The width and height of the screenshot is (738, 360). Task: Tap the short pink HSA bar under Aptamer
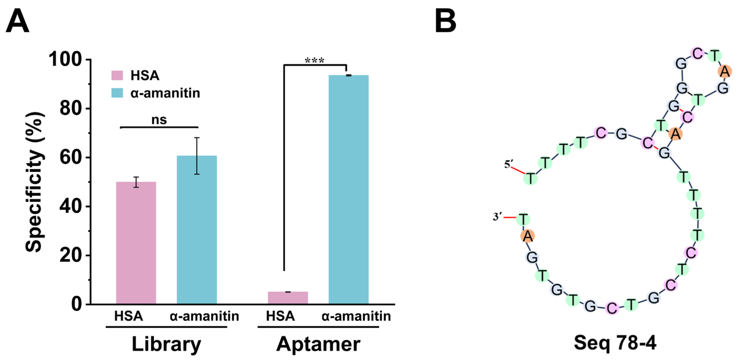[288, 298]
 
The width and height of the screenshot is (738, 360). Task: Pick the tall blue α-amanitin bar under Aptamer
[348, 189]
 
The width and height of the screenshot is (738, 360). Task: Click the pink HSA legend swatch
[117, 75]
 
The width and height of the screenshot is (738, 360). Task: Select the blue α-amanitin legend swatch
[117, 93]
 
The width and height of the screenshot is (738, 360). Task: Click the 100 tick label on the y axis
[66, 59]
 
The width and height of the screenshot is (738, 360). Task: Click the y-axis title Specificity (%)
[35, 182]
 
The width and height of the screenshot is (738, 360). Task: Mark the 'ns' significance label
[159, 120]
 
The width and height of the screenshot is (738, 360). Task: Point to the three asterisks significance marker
[315, 60]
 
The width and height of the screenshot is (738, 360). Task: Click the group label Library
[166, 344]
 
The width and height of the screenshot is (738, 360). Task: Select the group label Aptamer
[318, 344]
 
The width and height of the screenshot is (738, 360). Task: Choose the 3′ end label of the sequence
[497, 217]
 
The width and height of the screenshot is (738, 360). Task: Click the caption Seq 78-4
[615, 343]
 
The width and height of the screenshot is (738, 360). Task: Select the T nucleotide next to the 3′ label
[523, 220]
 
